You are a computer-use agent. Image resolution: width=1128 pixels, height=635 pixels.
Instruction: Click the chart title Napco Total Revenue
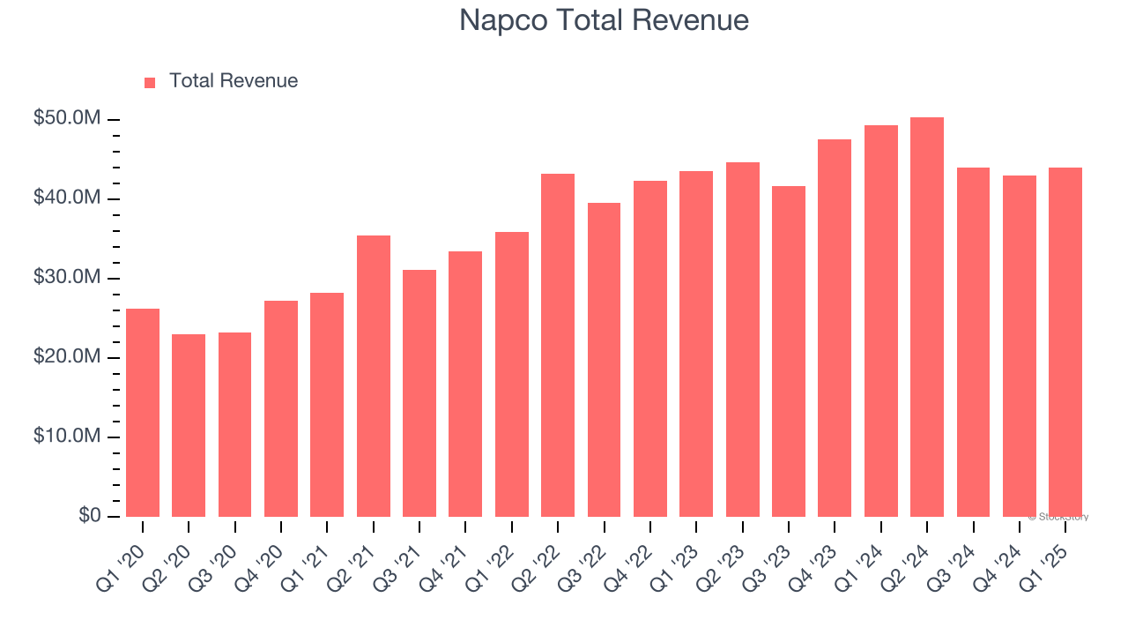604,20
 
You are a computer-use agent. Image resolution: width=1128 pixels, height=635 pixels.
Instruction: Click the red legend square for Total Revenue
150,82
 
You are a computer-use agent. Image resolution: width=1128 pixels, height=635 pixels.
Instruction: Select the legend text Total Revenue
234,81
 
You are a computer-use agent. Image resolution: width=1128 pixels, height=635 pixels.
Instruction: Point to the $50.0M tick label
67,119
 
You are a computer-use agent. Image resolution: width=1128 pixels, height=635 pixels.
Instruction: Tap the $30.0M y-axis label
67,278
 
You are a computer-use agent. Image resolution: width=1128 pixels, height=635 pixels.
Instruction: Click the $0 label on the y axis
88,516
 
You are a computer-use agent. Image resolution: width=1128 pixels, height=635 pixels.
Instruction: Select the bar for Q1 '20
143,413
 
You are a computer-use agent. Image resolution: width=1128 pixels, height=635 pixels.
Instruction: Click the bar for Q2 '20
189,425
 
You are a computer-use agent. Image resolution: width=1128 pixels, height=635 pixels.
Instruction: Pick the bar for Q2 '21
374,376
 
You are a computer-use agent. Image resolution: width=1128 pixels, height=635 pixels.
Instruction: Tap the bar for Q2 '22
558,345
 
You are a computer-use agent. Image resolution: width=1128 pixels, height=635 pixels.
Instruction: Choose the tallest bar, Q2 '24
927,317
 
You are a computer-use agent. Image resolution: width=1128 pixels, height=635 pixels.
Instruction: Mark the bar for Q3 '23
789,351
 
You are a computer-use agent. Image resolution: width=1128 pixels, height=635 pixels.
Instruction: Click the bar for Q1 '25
1065,342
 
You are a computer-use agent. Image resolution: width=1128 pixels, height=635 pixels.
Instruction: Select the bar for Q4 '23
835,328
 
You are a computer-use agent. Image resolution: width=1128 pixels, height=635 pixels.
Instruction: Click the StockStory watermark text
1058,517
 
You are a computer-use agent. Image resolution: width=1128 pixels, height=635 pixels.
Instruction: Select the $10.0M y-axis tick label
67,437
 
